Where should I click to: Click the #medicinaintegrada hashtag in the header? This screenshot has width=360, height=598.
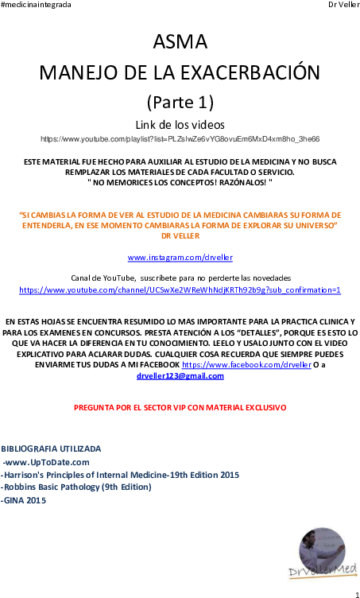[36, 5]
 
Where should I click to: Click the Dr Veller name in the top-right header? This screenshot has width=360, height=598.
[343, 5]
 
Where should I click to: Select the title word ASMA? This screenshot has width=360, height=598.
[180, 42]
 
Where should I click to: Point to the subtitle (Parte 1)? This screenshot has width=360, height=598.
[180, 102]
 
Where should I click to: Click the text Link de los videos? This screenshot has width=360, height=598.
[180, 125]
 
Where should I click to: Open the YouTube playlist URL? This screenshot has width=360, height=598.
[180, 139]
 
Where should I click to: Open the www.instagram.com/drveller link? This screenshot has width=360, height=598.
[180, 258]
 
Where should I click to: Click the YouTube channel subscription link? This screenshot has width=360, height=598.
[180, 290]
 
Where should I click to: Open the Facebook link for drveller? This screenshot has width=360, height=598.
[246, 365]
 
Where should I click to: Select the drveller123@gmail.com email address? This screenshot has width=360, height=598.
[180, 376]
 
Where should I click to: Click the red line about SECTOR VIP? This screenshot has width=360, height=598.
[180, 408]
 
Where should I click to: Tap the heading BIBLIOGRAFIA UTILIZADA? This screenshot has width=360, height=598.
[51, 448]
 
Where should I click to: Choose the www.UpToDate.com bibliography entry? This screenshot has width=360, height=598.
[46, 463]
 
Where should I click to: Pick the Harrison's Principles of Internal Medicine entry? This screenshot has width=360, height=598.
[120, 476]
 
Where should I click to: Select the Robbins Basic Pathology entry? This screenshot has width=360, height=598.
[76, 487]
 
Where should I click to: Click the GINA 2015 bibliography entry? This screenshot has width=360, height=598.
[24, 500]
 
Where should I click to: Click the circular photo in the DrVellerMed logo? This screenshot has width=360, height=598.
[323, 550]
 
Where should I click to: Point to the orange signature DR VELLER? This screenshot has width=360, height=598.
[180, 236]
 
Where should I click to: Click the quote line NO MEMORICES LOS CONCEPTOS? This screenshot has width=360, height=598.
[180, 182]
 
